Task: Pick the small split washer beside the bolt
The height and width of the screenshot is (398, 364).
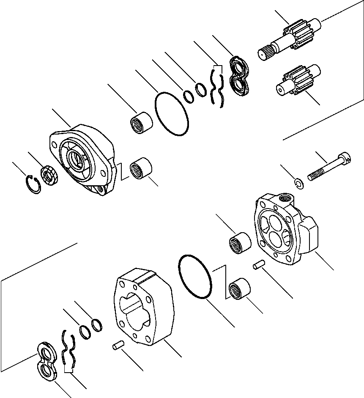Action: coord(299,183)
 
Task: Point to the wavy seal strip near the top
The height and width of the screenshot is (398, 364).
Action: coord(217,87)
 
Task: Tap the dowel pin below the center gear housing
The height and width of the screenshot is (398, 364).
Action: coord(118,346)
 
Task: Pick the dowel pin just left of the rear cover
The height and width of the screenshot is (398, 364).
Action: coord(258,266)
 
